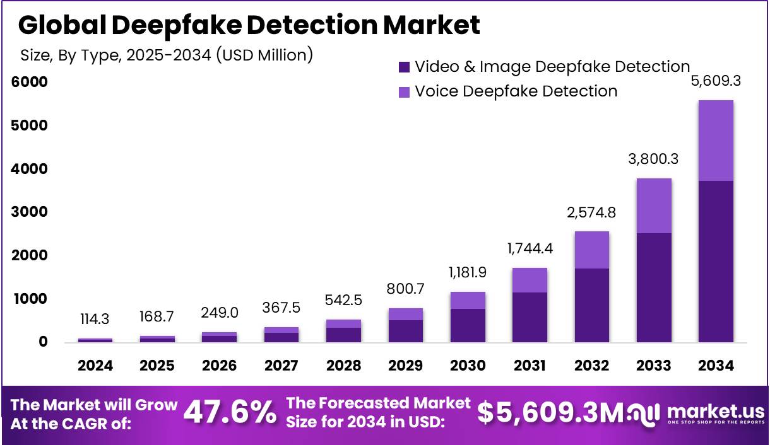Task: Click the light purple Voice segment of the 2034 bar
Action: click(716, 141)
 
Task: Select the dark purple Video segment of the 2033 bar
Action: click(654, 287)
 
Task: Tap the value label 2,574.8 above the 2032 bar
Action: click(591, 212)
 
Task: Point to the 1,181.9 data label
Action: click(468, 273)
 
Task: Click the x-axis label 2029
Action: click(406, 366)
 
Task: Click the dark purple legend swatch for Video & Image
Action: click(405, 67)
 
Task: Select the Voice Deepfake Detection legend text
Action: click(516, 91)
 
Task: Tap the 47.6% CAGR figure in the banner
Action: click(230, 413)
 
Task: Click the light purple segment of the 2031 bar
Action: click(530, 280)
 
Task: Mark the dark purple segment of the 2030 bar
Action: click(468, 325)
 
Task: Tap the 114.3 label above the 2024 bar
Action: click(95, 320)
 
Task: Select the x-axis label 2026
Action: click(220, 366)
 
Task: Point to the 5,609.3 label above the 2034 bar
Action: click(716, 81)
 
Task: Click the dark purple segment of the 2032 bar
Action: click(591, 305)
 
